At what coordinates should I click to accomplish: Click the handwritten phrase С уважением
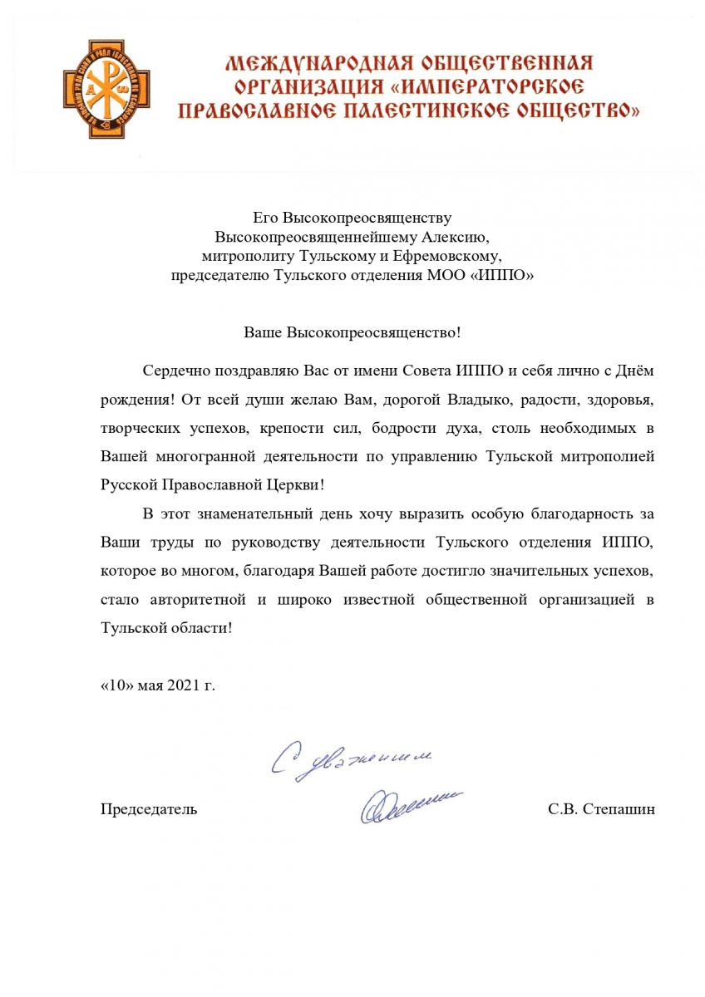click(x=352, y=758)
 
